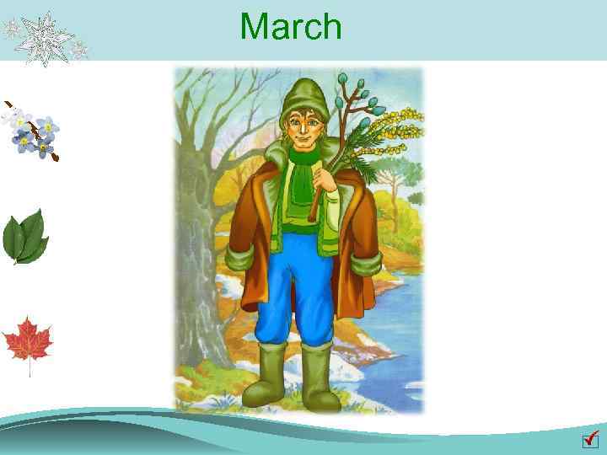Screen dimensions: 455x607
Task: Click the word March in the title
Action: pyautogui.click(x=291, y=26)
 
